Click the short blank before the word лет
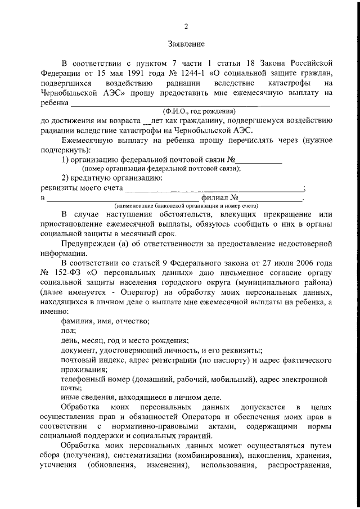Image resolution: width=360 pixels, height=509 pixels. [148, 120]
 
